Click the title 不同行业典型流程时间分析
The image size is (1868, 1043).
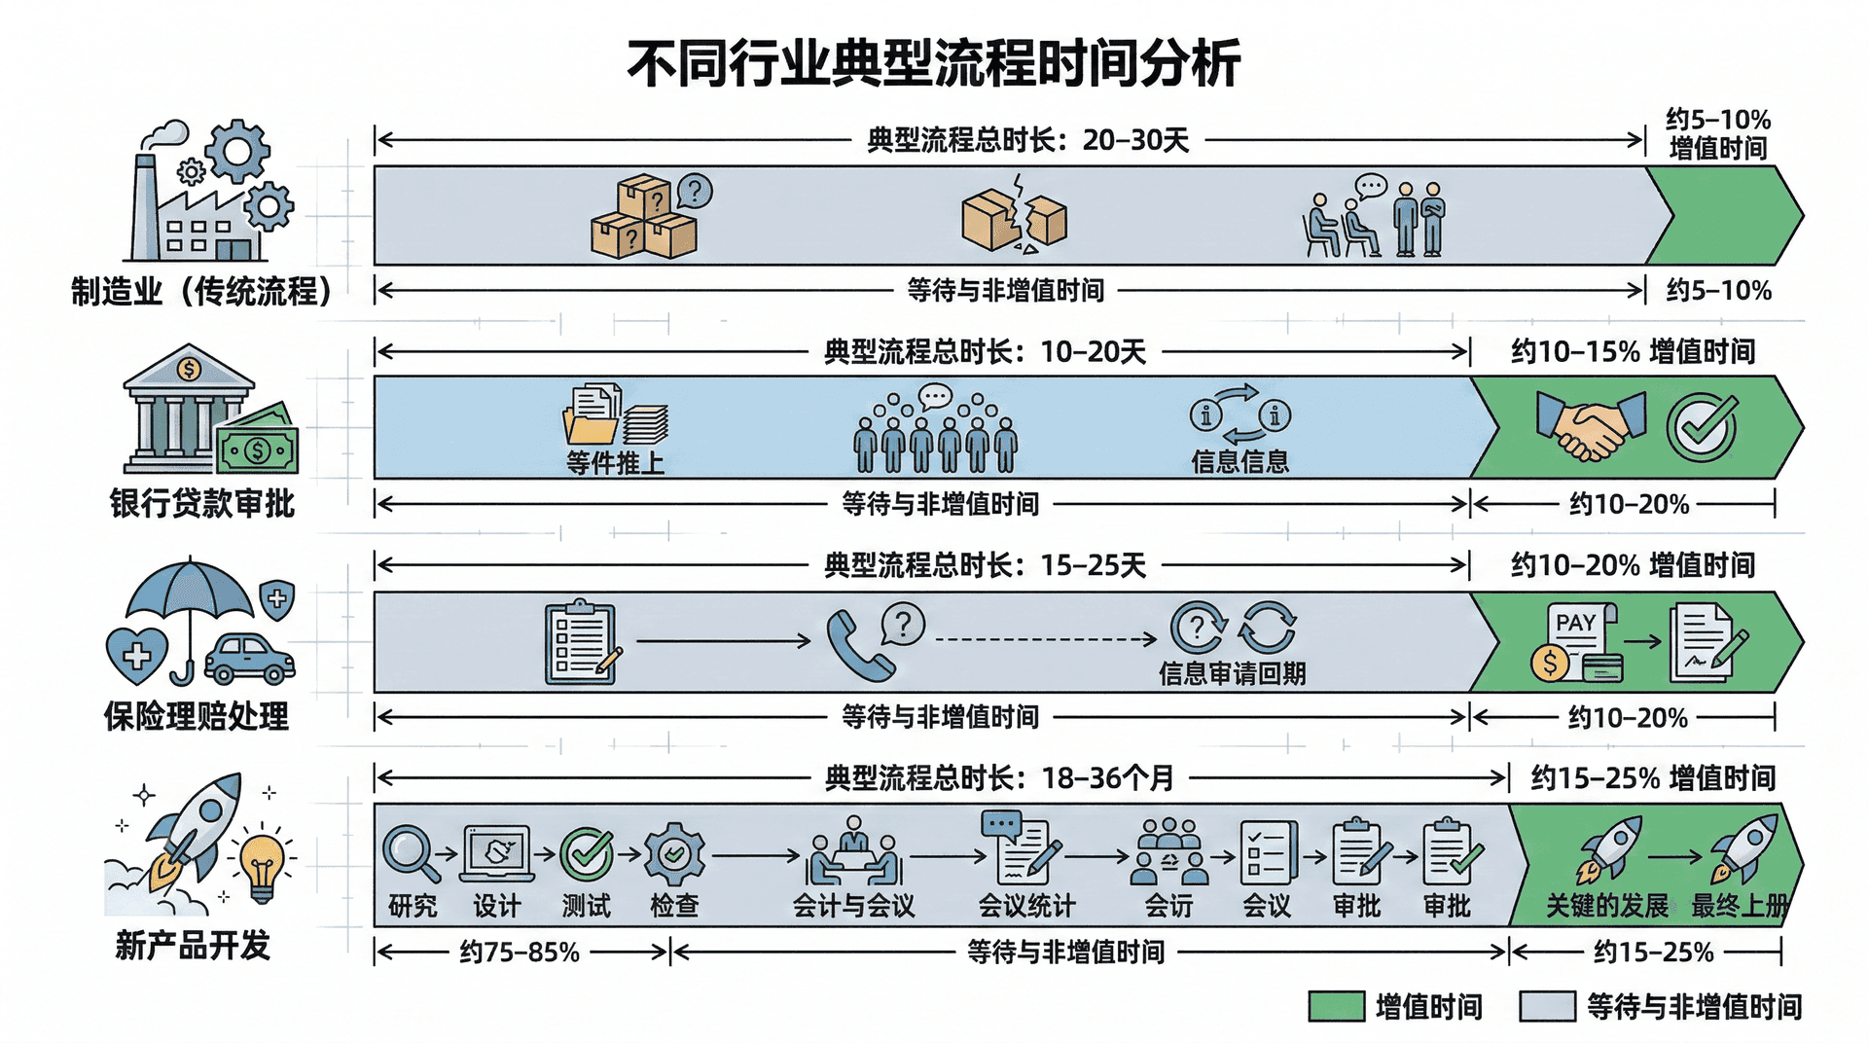coord(933,64)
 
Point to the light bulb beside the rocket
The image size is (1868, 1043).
coord(262,866)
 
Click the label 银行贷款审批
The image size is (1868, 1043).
coord(201,504)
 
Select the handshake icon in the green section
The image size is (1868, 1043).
coord(1592,426)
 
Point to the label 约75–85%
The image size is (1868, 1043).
coord(520,952)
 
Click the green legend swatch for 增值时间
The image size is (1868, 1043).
coord(1335,1007)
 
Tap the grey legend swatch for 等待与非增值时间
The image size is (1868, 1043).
coord(1546,1007)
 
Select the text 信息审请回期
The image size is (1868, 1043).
coord(1232,673)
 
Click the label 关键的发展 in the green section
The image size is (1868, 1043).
coord(1607,906)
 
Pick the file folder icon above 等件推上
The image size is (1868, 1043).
coord(591,418)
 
